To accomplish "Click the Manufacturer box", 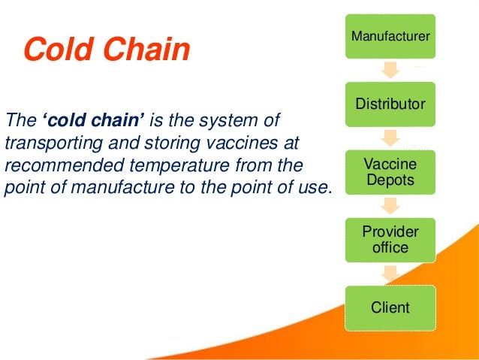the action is pyautogui.click(x=390, y=35).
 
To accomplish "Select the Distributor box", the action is pyautogui.click(x=390, y=104).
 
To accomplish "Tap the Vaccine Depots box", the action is pyautogui.click(x=390, y=172).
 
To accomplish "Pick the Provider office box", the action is pyautogui.click(x=390, y=239).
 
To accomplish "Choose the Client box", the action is pyautogui.click(x=390, y=307).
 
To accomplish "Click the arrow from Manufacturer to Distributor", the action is pyautogui.click(x=390, y=70).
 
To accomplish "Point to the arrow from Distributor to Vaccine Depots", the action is pyautogui.click(x=390, y=138).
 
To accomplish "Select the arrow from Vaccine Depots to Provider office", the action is pyautogui.click(x=390, y=206).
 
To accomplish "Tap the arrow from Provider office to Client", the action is pyautogui.click(x=390, y=274).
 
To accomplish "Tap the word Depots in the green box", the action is pyautogui.click(x=390, y=180).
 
